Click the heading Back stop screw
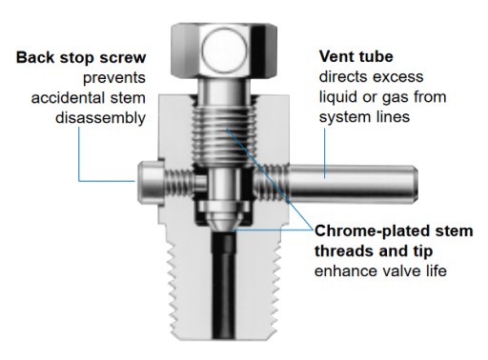81,57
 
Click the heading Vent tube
356,56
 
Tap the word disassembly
100,118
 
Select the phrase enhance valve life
380,271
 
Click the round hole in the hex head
224,50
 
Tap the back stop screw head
151,183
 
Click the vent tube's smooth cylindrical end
353,184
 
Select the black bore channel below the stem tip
224,284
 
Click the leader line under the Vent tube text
325,153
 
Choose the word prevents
114,78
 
